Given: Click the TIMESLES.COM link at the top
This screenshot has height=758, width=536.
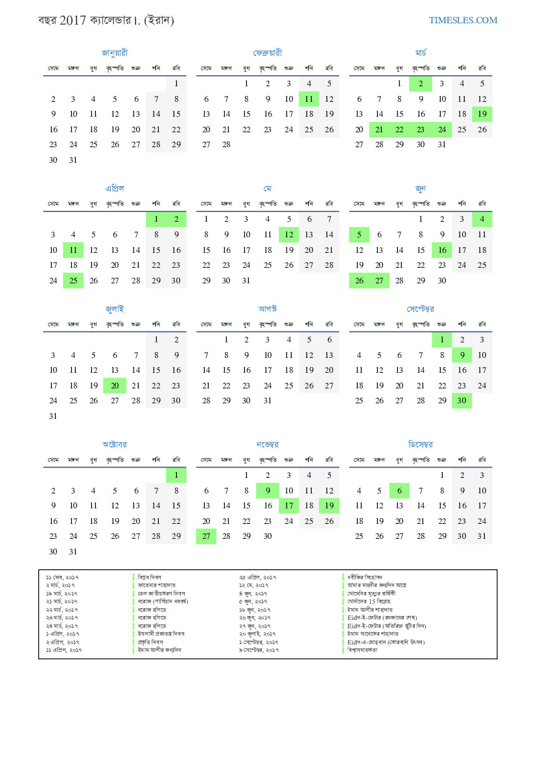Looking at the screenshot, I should [x=463, y=20].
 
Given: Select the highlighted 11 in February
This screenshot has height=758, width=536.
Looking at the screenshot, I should [x=309, y=99].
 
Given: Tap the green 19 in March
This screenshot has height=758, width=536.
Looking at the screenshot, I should [x=482, y=115].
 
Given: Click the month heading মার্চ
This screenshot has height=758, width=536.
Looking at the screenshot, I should [x=421, y=53].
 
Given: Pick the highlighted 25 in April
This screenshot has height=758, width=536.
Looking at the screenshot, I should [x=73, y=281].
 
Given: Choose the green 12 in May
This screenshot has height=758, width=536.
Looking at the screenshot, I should [x=288, y=235].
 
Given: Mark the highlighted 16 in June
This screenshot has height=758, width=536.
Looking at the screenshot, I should [x=442, y=250].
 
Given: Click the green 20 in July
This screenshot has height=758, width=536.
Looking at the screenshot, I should [x=114, y=385].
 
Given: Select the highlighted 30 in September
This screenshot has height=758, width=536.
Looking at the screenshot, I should [x=461, y=401].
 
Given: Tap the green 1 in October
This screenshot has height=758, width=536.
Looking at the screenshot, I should [x=176, y=475].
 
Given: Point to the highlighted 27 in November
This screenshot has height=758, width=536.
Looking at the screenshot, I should [x=206, y=536].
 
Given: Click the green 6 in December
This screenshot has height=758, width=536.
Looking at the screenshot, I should [x=400, y=491].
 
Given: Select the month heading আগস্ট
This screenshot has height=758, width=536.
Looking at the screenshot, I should [x=268, y=309].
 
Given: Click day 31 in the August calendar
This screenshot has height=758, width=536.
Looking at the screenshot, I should [x=267, y=401].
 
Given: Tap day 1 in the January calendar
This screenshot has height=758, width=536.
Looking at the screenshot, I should [x=176, y=84].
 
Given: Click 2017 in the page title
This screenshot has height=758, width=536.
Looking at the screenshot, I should [x=72, y=21].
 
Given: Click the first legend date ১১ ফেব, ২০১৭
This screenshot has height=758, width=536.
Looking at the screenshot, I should [x=62, y=576].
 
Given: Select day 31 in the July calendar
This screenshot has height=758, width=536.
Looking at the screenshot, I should [x=53, y=416].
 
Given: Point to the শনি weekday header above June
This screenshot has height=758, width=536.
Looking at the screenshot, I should [x=461, y=203].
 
